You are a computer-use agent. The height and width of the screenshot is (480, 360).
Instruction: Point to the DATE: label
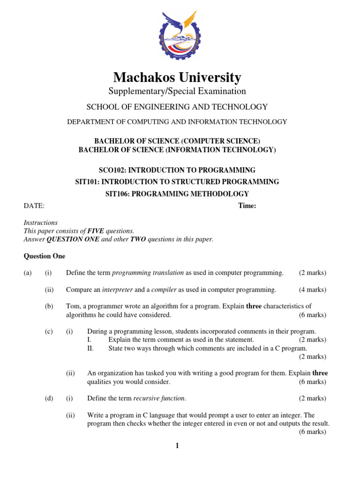click(x=34, y=206)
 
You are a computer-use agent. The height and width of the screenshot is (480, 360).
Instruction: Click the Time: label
click(x=247, y=206)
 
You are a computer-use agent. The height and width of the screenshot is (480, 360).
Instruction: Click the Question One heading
click(x=45, y=256)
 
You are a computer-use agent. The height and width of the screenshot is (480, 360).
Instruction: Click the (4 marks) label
click(x=313, y=290)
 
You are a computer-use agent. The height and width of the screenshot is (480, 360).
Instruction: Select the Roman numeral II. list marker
click(x=90, y=348)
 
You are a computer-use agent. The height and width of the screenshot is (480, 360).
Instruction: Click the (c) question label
click(x=49, y=331)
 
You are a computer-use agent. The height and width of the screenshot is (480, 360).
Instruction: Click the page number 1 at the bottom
click(x=177, y=446)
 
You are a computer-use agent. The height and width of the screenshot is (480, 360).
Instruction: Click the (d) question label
click(x=49, y=398)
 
